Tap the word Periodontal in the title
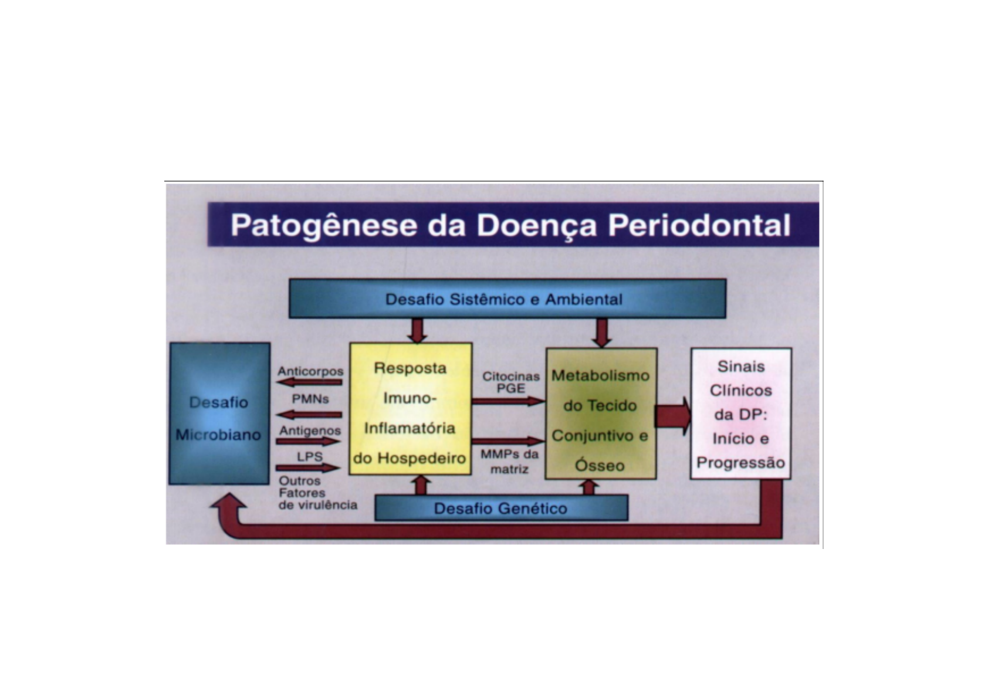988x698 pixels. (699, 226)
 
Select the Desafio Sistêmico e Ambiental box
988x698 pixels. (507, 299)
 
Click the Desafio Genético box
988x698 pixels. (501, 509)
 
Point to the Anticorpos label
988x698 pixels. (310, 371)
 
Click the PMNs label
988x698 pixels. (310, 399)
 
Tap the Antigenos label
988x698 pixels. (310, 431)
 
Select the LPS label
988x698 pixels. (309, 456)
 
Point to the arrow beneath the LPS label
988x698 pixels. (308, 468)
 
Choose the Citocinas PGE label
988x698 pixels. (510, 382)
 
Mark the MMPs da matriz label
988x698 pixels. (509, 462)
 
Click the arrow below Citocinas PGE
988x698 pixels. (508, 401)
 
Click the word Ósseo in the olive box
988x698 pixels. (600, 466)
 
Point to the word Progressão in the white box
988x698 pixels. (740, 463)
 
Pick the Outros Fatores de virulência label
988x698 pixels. (317, 493)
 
